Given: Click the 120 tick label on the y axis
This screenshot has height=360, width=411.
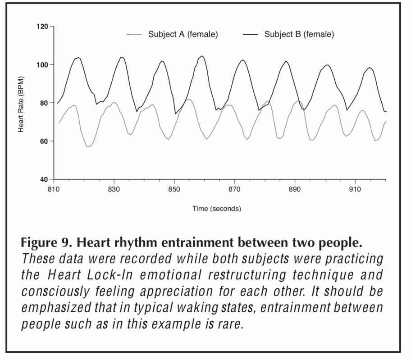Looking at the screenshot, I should click(42, 27).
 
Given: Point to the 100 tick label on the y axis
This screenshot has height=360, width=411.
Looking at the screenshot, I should click(42, 65).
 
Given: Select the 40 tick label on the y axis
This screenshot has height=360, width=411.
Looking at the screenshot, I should click(43, 180).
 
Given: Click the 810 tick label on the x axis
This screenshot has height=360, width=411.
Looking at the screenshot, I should click(54, 189).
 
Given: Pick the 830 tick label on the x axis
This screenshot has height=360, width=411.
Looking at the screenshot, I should click(114, 189).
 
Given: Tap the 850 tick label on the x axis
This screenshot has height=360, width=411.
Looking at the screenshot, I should click(174, 189).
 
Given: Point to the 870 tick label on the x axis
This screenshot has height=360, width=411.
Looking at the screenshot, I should click(234, 189).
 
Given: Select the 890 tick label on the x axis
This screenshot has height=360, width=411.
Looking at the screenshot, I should click(295, 189).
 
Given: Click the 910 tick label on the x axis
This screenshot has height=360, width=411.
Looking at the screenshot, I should click(355, 189).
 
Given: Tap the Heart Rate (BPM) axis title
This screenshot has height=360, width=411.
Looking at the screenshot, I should click(21, 103).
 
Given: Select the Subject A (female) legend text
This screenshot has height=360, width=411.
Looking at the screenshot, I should click(183, 34).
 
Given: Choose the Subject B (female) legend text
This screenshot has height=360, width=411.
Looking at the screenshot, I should click(299, 34).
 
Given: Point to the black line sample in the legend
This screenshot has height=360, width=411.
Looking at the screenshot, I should click(251, 34).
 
